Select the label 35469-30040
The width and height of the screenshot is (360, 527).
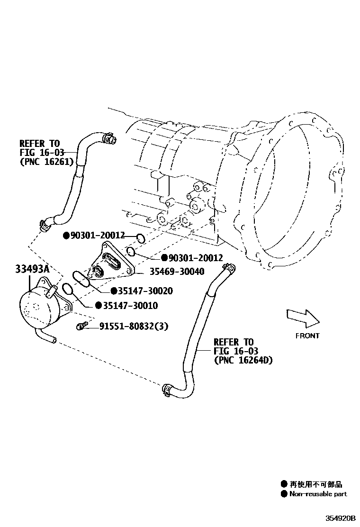177,272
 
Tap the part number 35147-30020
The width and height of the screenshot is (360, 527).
142,291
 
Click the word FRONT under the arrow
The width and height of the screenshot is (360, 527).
307,336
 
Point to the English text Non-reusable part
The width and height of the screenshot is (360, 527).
318,494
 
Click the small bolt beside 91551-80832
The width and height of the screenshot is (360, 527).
81,326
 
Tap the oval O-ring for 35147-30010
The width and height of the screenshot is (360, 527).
68,289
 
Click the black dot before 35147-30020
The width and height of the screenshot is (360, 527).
114,291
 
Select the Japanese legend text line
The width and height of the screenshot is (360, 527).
316,484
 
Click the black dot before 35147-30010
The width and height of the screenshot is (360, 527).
98,306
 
